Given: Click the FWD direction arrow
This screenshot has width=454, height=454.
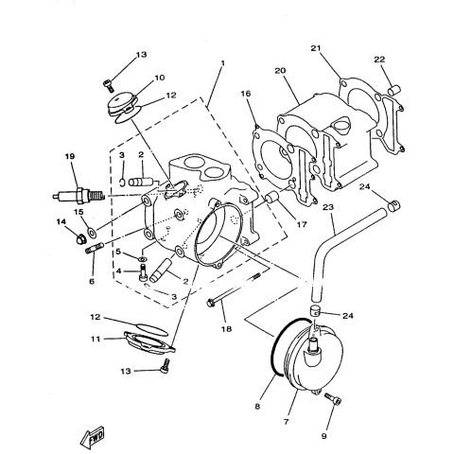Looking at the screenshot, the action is click(93, 437).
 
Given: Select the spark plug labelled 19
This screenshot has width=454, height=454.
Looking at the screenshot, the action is click(79, 196).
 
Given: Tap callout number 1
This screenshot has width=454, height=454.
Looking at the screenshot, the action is click(223, 63).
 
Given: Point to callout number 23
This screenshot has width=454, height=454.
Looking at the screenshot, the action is click(328, 207).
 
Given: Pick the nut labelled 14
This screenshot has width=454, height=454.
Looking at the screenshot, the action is click(81, 239).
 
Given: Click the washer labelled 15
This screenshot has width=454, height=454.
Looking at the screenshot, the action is click(93, 233).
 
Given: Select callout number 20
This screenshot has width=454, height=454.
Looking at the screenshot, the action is click(280, 71).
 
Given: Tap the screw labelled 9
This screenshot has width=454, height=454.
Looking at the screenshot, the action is click(333, 399).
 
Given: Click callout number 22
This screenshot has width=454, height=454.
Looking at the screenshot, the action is click(379, 59).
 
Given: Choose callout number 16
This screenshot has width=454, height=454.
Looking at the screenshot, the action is click(246, 94).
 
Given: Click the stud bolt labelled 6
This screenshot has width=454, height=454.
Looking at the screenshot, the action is click(95, 248).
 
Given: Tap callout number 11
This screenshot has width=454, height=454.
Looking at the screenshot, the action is click(96, 340).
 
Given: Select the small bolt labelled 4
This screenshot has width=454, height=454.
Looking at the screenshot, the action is click(144, 272).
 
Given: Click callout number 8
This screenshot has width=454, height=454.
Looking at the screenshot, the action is click(258, 407).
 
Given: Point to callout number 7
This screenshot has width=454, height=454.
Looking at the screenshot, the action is click(286, 421).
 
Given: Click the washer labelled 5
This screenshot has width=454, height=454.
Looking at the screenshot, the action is click(143, 259).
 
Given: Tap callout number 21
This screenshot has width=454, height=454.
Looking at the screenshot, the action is click(316, 48).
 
